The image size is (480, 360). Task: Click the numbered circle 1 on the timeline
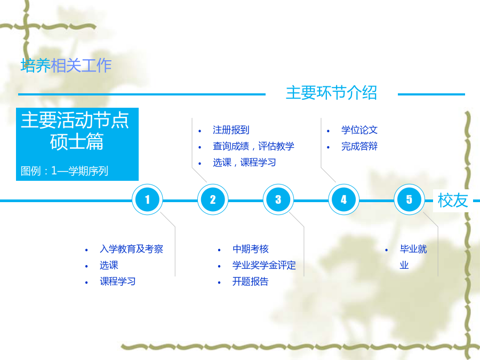point(147,199)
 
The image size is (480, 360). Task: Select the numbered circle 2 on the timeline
point(213,199)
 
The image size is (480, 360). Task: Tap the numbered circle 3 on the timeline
point(278,199)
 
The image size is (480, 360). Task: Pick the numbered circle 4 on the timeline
point(344,199)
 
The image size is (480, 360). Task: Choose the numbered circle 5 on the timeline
point(409,199)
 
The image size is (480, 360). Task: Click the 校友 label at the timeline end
point(453,201)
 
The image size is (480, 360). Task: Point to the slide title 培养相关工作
point(66,66)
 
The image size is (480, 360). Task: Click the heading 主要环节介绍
point(332,92)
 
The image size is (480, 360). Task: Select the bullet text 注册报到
point(231,130)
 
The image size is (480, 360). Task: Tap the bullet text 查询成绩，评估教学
point(253,146)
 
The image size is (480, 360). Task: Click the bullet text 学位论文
point(359,130)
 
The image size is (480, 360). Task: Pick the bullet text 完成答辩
point(359,146)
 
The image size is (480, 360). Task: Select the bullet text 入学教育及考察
point(131,249)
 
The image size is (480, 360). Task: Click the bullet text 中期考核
point(251,249)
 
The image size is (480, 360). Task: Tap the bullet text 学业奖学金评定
point(264,265)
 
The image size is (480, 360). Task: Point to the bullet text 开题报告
point(251,281)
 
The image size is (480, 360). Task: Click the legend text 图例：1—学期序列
point(65,171)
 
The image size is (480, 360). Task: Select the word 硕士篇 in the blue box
point(77,141)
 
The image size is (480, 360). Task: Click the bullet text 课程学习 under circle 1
point(118,281)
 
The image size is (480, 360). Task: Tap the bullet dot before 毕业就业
point(386,250)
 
